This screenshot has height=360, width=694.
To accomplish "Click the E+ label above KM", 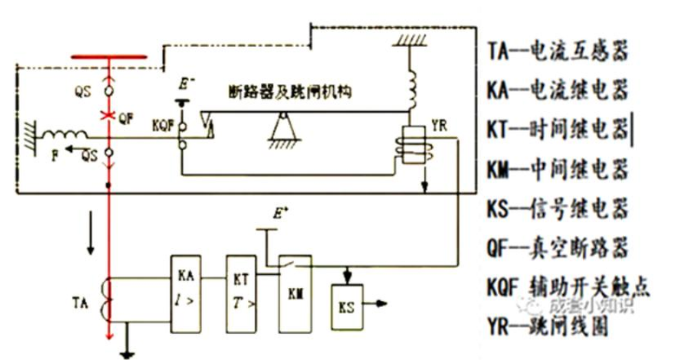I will (278, 213).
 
